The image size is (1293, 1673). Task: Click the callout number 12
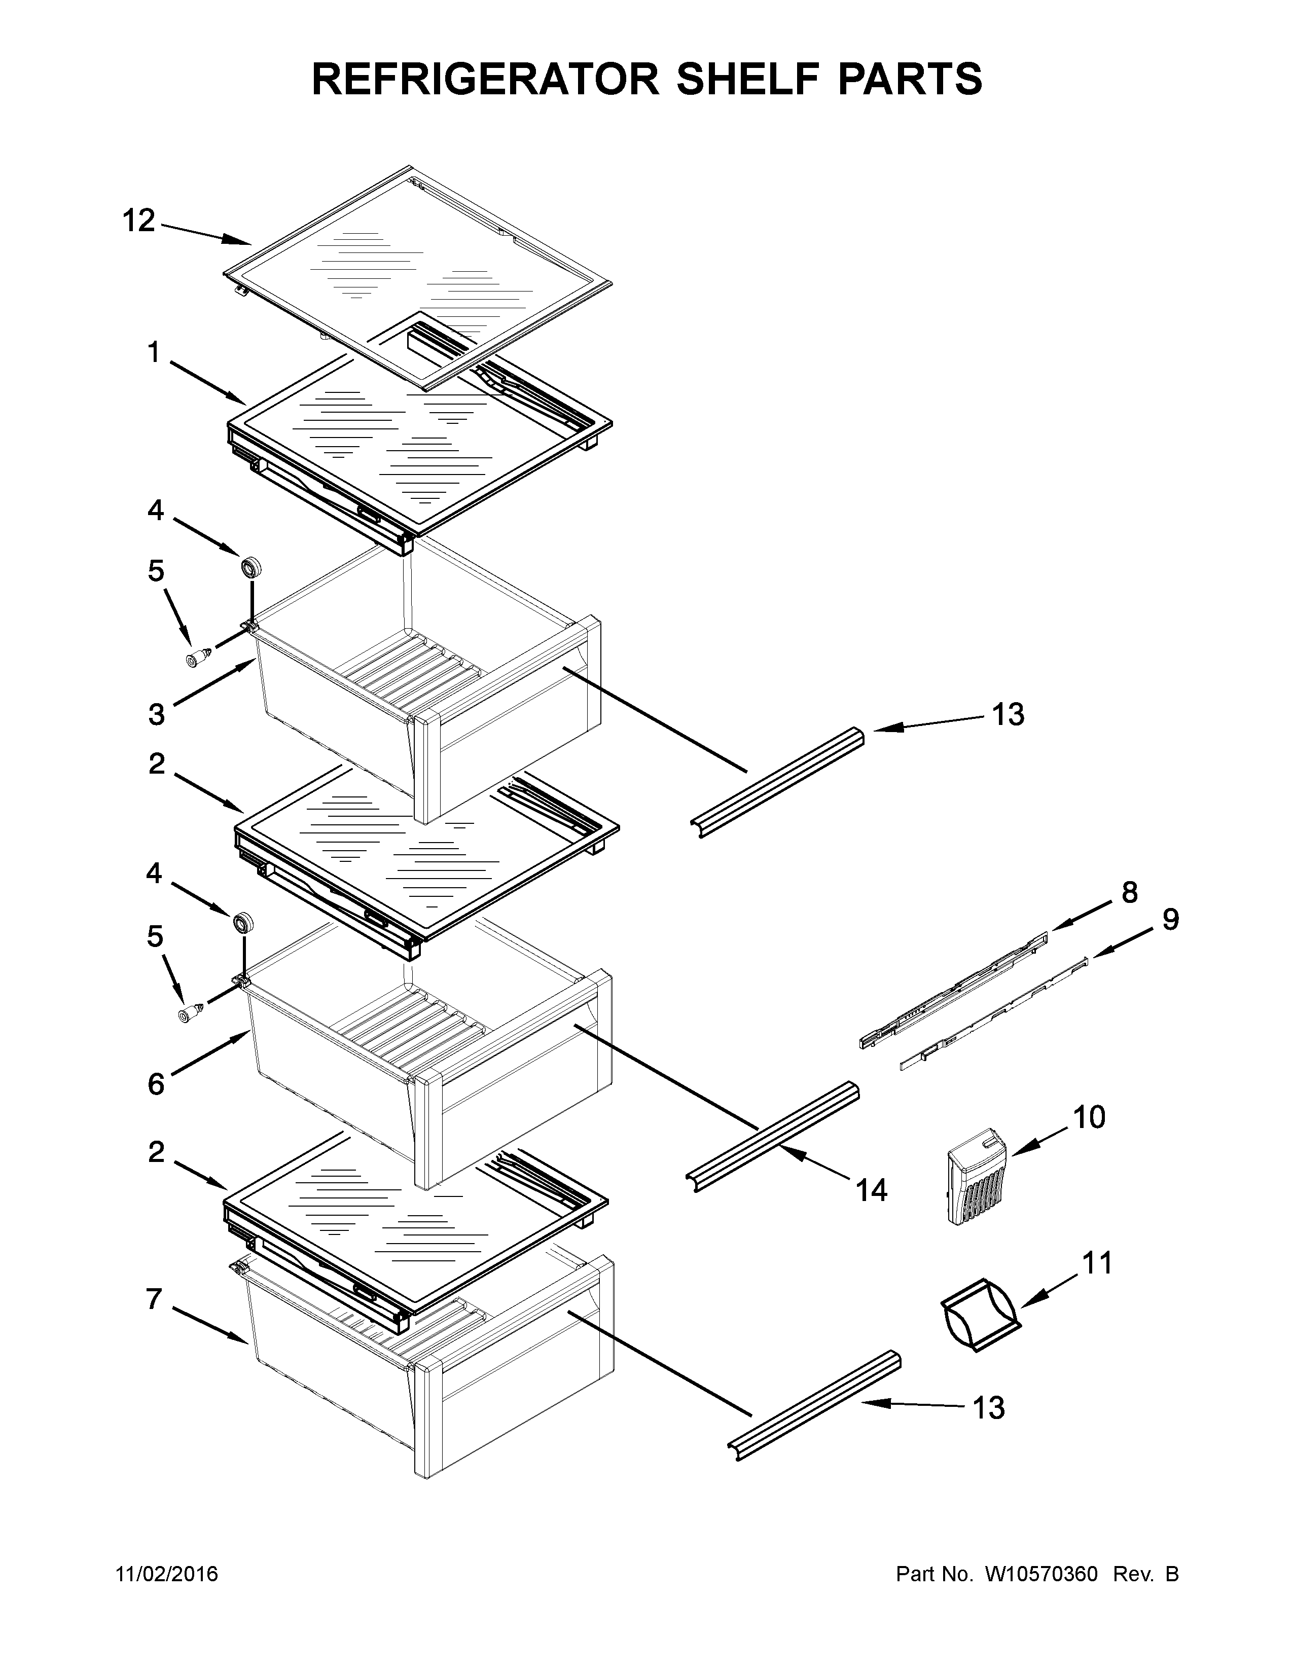pyautogui.click(x=138, y=222)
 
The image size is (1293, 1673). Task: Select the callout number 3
pyautogui.click(x=156, y=715)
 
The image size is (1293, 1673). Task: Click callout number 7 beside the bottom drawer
pyautogui.click(x=154, y=1300)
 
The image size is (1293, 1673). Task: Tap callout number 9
pyautogui.click(x=1170, y=919)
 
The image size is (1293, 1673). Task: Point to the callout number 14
pyautogui.click(x=872, y=1190)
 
